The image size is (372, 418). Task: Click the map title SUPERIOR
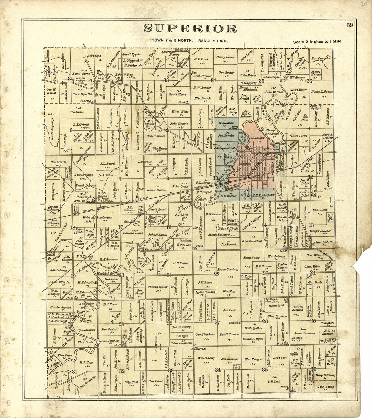click(x=190, y=29)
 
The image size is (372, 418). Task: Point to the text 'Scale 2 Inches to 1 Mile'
click(x=318, y=41)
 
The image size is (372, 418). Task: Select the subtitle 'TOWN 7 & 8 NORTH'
click(x=172, y=41)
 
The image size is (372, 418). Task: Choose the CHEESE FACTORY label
click(x=297, y=339)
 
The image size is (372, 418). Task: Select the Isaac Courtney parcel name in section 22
click(x=228, y=270)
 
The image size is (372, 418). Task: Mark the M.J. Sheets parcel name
click(x=226, y=123)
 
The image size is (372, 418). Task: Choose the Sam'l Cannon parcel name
click(x=229, y=334)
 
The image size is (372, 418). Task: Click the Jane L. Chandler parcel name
click(x=226, y=148)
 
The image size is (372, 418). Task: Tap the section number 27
click(x=217, y=323)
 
